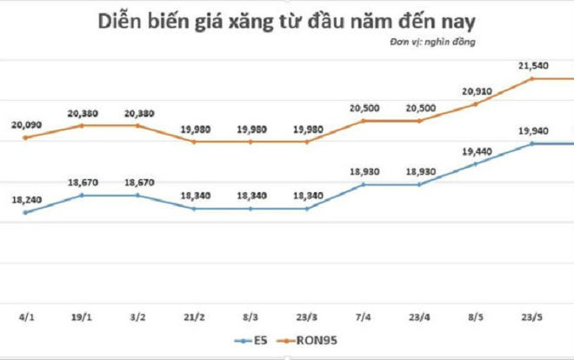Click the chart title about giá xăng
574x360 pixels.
click(286, 19)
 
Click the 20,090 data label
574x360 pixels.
click(25, 125)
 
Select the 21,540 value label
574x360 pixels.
click(531, 65)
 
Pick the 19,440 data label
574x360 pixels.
click(475, 150)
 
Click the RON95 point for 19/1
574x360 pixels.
click(82, 125)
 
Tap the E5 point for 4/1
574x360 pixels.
click(25, 212)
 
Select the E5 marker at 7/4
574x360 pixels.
click(363, 184)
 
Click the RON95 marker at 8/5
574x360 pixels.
click(475, 103)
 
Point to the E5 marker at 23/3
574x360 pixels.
click(306, 209)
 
